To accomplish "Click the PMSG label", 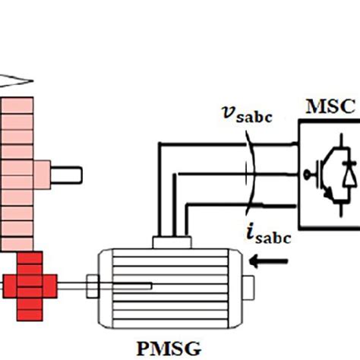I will pos(169,348).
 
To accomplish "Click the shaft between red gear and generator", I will pos(76,287).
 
